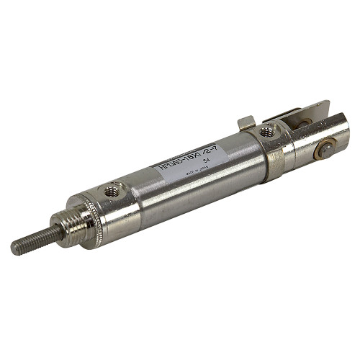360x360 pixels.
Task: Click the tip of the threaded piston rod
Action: (x=15, y=250)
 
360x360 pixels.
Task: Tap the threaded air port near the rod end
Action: (x=112, y=191)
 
